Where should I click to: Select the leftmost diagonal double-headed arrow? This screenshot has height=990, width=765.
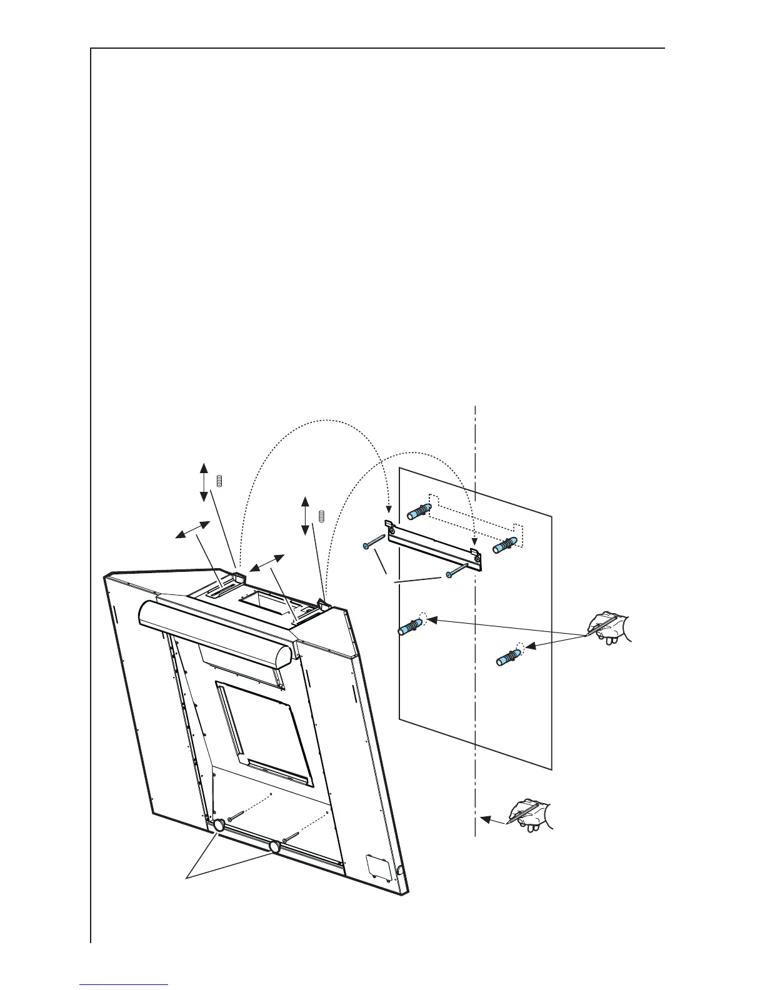[192, 529]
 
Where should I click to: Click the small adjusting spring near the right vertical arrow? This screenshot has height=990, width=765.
[321, 516]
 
